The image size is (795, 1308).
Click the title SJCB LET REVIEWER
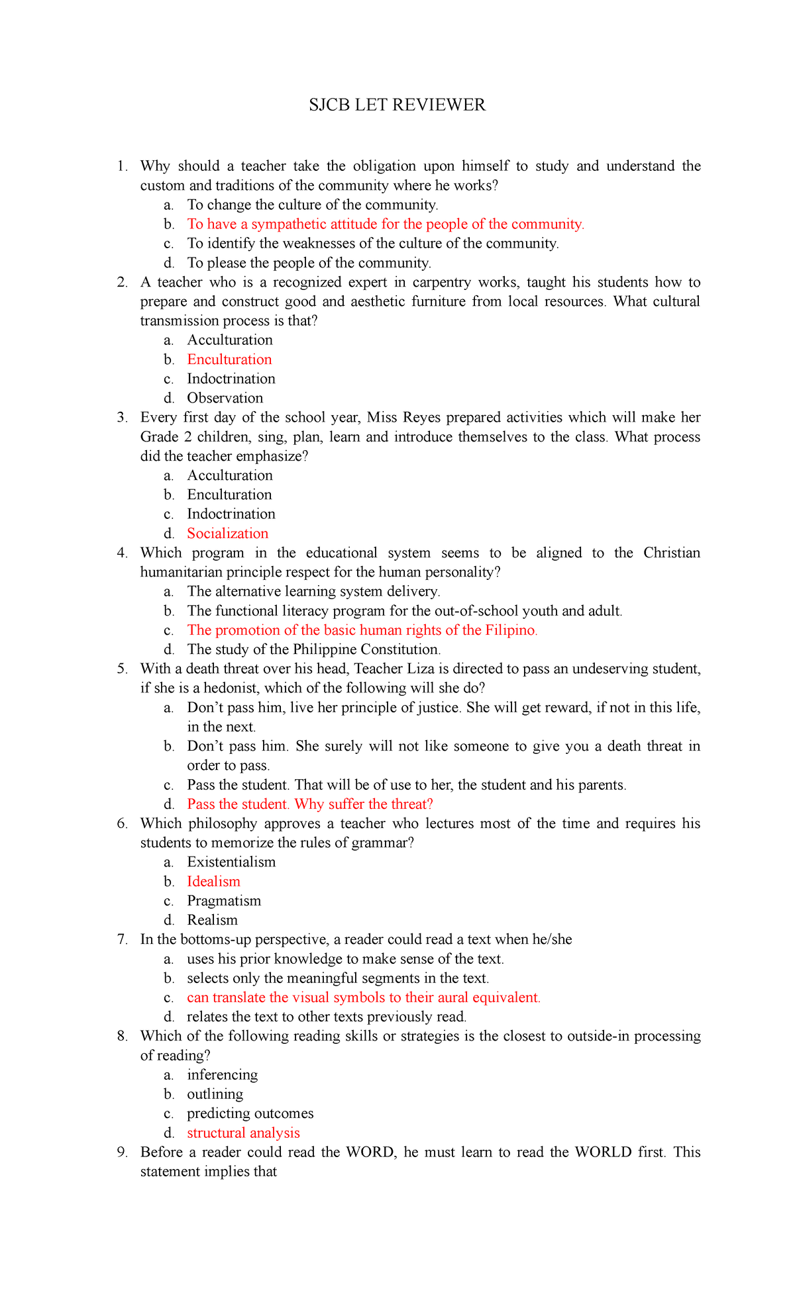tap(397, 105)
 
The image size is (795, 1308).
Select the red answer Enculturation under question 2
tap(229, 359)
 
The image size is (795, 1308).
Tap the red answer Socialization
tap(227, 534)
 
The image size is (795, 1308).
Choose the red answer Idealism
tap(213, 882)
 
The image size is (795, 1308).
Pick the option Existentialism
tap(231, 862)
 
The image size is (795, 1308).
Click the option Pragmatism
tap(224, 901)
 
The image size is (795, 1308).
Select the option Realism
tap(212, 920)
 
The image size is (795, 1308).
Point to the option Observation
tap(225, 398)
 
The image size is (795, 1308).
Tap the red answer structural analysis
tap(243, 1133)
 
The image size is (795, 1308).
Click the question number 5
tap(122, 669)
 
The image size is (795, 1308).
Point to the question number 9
tap(122, 1152)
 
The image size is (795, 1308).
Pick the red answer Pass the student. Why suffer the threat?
tap(309, 804)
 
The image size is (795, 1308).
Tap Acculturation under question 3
tap(229, 475)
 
